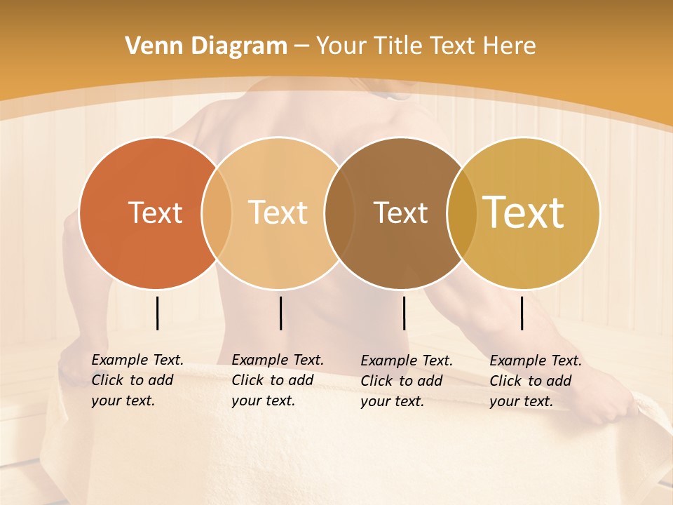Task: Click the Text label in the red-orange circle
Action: click(x=155, y=213)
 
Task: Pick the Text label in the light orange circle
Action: click(x=278, y=213)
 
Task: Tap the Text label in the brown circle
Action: click(x=400, y=213)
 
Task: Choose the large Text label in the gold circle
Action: click(x=524, y=213)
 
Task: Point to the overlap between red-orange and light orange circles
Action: click(x=217, y=213)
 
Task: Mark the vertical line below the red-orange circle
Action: click(x=157, y=313)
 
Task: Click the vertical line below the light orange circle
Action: click(x=280, y=313)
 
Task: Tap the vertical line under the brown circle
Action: click(x=404, y=313)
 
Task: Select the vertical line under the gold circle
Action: click(x=522, y=313)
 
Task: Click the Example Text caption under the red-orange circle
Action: click(x=137, y=380)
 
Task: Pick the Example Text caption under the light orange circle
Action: click(x=278, y=380)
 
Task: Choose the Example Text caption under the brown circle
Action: click(x=407, y=381)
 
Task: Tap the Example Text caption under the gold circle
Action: click(x=536, y=381)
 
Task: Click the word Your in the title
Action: click(x=341, y=46)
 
